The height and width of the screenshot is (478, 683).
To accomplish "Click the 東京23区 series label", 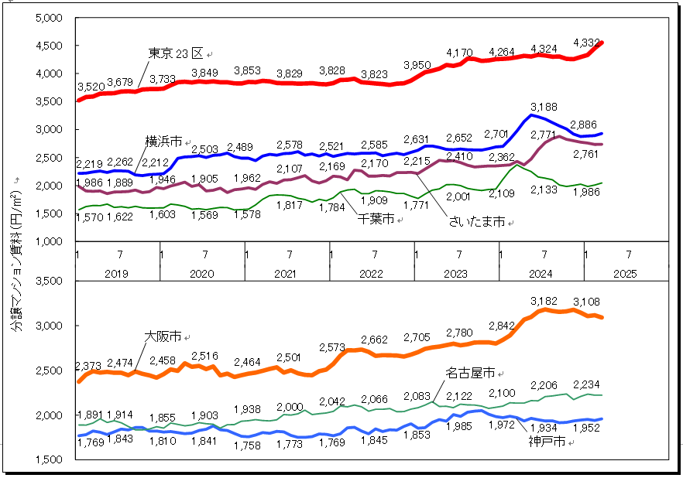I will click(175, 53).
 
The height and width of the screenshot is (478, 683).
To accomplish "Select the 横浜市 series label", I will click(164, 142).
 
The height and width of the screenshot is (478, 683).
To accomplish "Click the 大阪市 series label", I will click(163, 336).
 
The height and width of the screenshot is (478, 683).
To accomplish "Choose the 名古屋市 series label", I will click(470, 374).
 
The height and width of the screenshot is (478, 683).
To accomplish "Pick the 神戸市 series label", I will click(547, 442).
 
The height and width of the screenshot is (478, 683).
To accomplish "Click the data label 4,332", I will click(586, 42).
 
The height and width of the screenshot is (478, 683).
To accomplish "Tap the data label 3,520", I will click(90, 87).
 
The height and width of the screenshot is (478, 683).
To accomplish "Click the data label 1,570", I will click(90, 218).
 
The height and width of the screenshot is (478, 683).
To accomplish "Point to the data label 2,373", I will click(90, 366).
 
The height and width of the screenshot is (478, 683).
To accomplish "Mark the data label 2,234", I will click(586, 384).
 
